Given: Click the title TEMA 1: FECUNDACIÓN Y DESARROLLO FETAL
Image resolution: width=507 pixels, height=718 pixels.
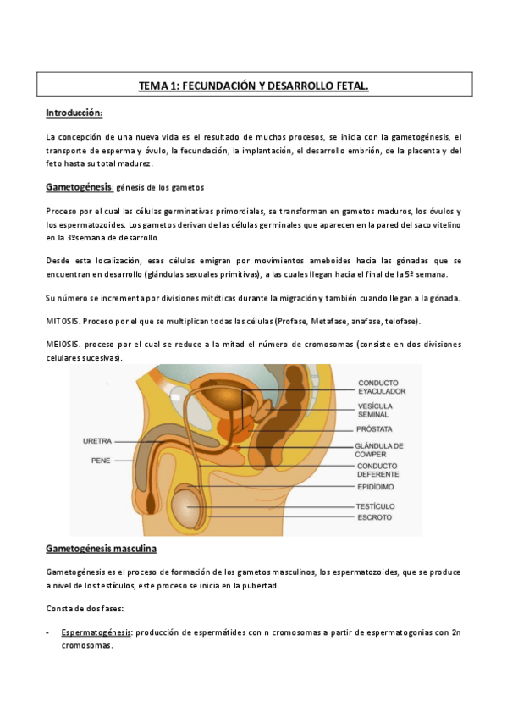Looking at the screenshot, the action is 254,86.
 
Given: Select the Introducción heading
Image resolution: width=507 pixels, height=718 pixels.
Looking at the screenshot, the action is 74,113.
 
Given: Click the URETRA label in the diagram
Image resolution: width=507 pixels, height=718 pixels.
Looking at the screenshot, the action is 97,441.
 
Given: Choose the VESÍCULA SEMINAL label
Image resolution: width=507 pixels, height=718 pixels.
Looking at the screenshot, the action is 375,411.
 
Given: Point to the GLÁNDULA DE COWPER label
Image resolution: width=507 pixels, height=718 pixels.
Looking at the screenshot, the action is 378,450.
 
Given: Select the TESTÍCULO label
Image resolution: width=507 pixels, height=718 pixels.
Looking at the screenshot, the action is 376,505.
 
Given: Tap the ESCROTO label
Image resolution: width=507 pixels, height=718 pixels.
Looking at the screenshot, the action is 373,516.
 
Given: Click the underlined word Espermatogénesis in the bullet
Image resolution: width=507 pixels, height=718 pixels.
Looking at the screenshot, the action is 96,632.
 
